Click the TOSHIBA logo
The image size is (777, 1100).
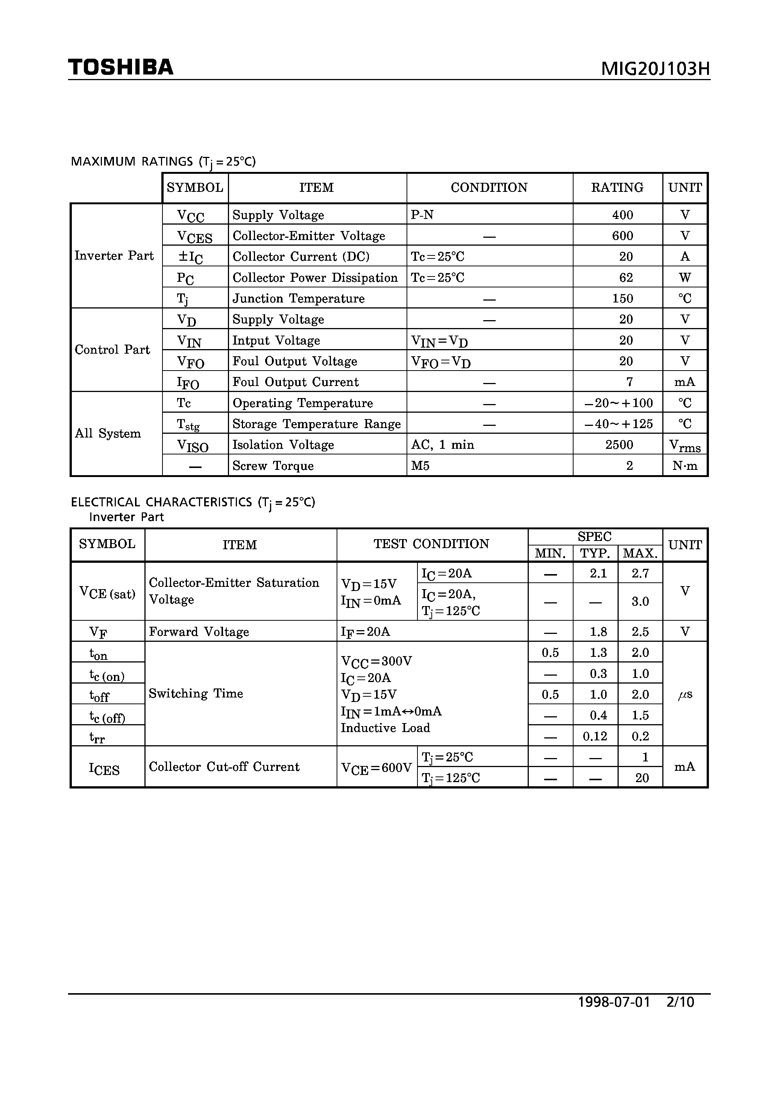(121, 67)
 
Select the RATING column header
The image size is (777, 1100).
(617, 187)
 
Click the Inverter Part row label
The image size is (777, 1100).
(114, 255)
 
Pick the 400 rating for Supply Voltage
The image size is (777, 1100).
(622, 215)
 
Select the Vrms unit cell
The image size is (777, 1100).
(684, 445)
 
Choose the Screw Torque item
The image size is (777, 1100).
(273, 466)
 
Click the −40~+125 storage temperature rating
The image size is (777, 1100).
(618, 424)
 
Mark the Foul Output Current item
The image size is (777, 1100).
(295, 382)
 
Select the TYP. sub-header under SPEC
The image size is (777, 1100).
(595, 553)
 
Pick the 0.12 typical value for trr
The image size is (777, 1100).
(595, 736)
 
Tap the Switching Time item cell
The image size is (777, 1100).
(196, 693)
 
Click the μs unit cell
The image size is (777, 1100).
(684, 694)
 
